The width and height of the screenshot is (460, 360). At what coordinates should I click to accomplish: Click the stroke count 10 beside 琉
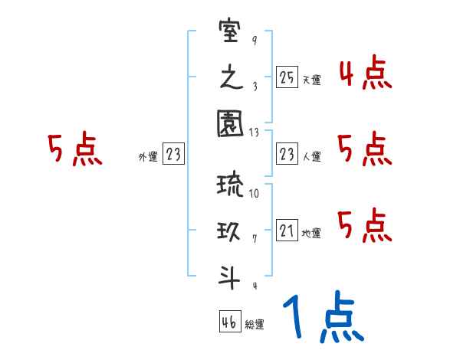(x=254, y=194)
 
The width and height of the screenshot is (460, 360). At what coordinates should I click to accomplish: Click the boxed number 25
(x=287, y=77)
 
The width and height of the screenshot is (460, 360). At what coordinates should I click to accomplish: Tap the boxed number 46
(x=228, y=322)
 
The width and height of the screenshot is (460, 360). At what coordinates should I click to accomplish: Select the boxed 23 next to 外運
(x=173, y=155)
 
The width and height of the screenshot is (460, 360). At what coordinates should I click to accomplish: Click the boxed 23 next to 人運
(x=287, y=155)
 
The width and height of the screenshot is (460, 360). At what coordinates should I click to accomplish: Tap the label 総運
(x=254, y=325)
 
